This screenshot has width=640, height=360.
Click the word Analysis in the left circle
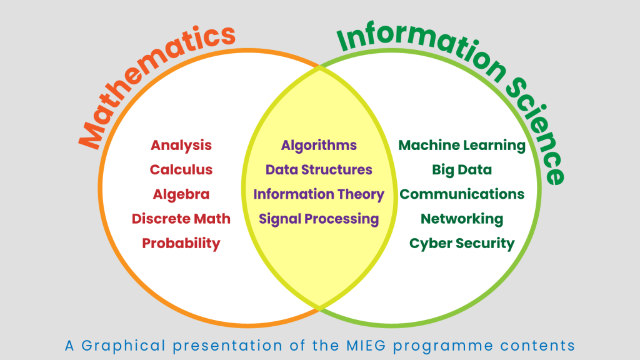coord(181,146)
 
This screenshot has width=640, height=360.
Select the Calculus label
coord(181,170)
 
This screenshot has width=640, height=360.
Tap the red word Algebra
coord(181,195)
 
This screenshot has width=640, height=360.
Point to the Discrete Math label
coord(181,219)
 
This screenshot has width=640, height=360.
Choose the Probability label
coord(181,244)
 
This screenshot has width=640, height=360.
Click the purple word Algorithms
coord(319,146)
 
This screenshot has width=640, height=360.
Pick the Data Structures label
coord(319,170)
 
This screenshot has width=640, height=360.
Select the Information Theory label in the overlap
coord(319,195)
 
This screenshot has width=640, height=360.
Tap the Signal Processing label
coord(319,219)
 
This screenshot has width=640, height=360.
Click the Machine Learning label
coord(462,146)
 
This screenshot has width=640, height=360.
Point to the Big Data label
coord(462,170)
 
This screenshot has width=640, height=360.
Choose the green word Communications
coord(462,194)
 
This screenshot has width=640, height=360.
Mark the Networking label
coord(462,219)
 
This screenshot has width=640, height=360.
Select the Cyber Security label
coord(462,244)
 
